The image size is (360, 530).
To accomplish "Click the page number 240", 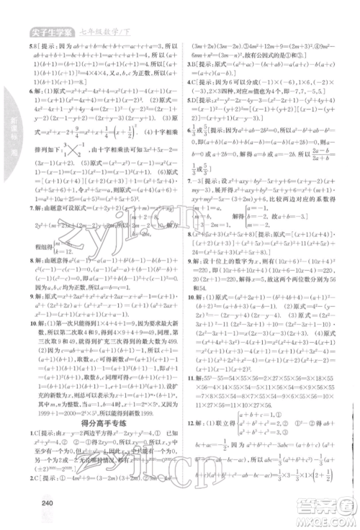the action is point(49,503).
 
